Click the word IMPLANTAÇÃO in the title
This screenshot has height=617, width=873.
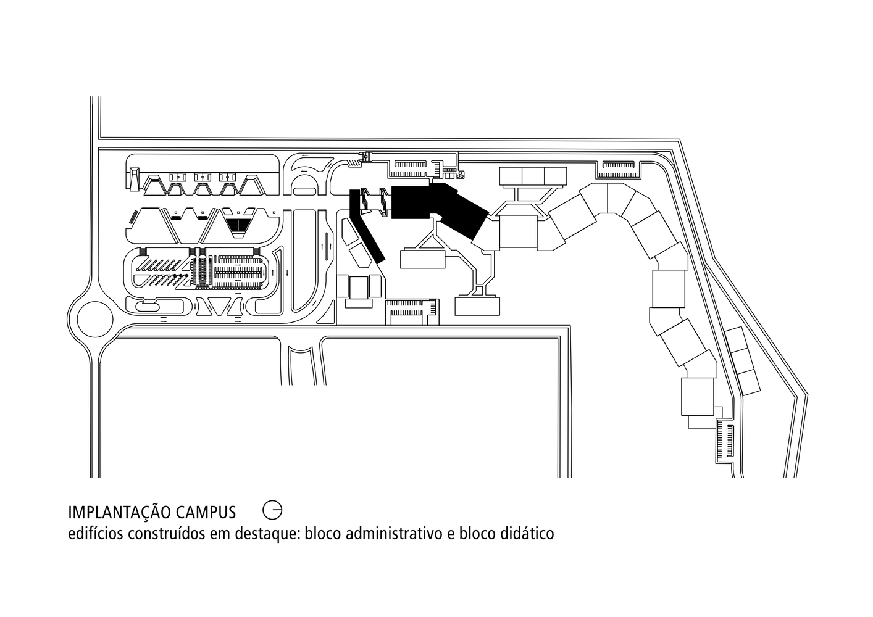[x=119, y=512]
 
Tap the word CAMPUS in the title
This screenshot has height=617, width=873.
[x=206, y=512]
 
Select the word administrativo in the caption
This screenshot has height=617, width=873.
[x=393, y=533]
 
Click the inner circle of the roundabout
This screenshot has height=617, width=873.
[x=95, y=320]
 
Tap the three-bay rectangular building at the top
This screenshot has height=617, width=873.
[x=533, y=176]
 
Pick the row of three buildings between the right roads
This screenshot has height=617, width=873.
[x=743, y=360]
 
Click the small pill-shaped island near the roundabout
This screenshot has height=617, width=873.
[x=148, y=307]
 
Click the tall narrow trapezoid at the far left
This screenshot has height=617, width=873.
[x=134, y=179]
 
